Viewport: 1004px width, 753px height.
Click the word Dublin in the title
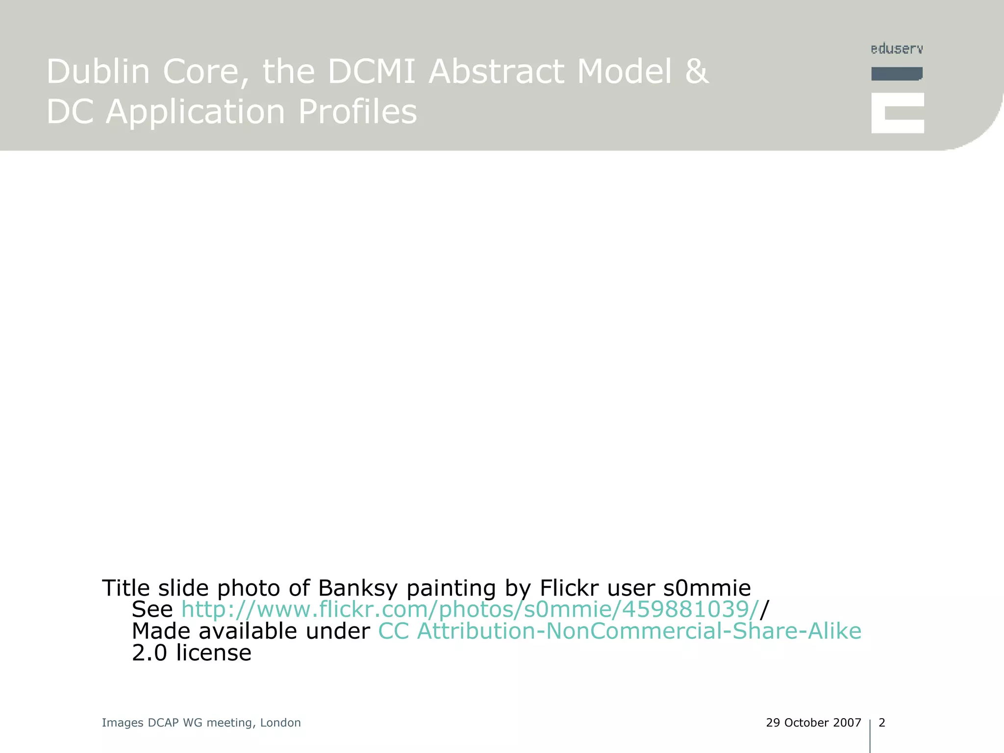point(98,72)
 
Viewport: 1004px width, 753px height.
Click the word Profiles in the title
point(357,112)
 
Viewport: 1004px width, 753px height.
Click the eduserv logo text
point(897,49)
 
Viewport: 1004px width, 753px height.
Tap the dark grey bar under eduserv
point(897,74)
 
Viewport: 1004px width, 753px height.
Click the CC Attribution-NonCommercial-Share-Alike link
point(620,631)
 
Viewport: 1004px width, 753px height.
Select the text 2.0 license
point(192,653)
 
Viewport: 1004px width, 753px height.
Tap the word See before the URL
point(152,609)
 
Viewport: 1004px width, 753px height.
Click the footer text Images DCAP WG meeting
point(177,723)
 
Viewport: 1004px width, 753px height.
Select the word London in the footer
point(280,723)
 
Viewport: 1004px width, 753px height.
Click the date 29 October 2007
point(813,723)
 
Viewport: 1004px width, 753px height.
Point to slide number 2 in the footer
point(882,723)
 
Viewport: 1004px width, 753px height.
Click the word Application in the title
point(195,112)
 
